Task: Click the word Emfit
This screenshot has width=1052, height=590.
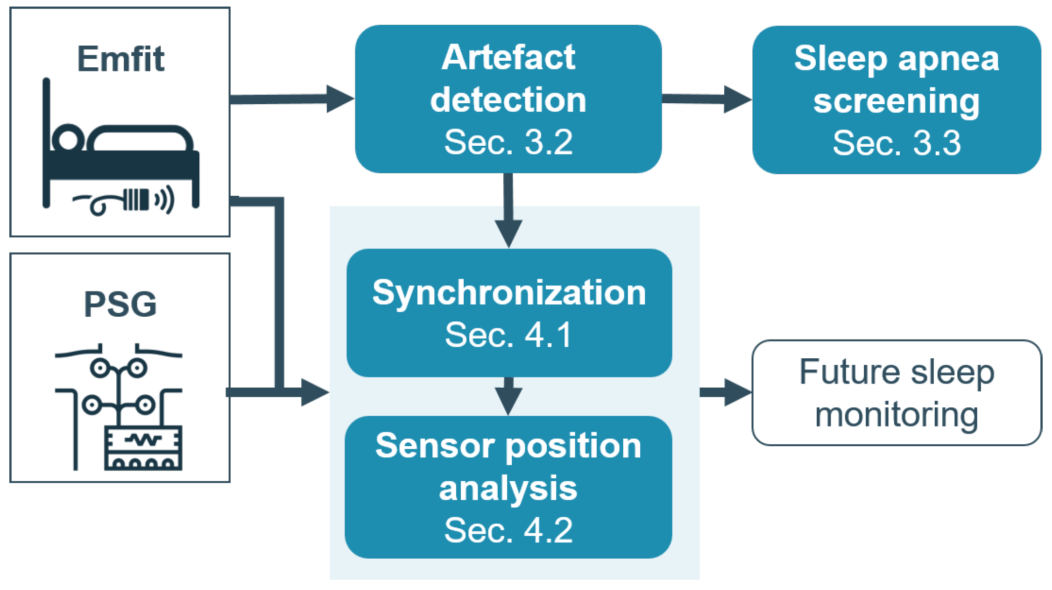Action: pyautogui.click(x=120, y=59)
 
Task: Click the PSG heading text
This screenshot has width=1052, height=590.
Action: pyautogui.click(x=120, y=304)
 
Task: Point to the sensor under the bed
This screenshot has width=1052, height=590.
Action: pyautogui.click(x=135, y=200)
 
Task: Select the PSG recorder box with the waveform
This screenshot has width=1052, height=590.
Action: pyautogui.click(x=143, y=448)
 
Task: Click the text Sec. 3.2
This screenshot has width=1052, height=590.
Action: pyautogui.click(x=508, y=142)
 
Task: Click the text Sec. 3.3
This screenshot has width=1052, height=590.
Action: pyautogui.click(x=896, y=143)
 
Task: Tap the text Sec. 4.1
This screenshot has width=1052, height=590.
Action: pyautogui.click(x=508, y=334)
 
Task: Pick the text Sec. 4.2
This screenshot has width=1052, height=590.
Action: pyautogui.click(x=508, y=530)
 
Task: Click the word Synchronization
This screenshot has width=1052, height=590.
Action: pyautogui.click(x=509, y=293)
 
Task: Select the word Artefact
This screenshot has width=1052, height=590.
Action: pyautogui.click(x=508, y=58)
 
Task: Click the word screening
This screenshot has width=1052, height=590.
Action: pyautogui.click(x=896, y=101)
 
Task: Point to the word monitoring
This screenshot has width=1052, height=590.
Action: pyautogui.click(x=896, y=414)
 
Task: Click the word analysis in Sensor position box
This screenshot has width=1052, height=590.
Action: pyautogui.click(x=508, y=489)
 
